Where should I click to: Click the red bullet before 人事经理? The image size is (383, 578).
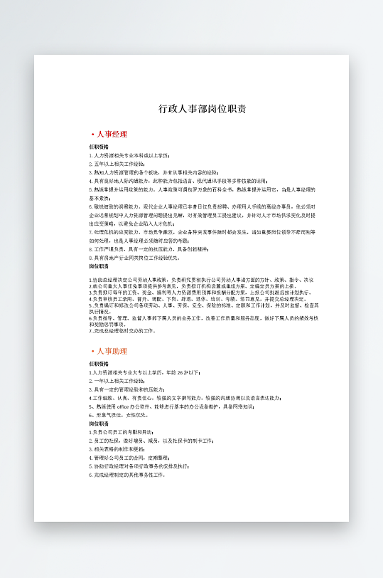[92, 134]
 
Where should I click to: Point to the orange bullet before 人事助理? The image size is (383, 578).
[92, 351]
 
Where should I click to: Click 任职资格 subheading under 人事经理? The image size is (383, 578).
[99, 146]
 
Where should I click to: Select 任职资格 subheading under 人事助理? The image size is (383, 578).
[99, 364]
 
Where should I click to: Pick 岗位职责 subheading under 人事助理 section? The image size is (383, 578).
[99, 423]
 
